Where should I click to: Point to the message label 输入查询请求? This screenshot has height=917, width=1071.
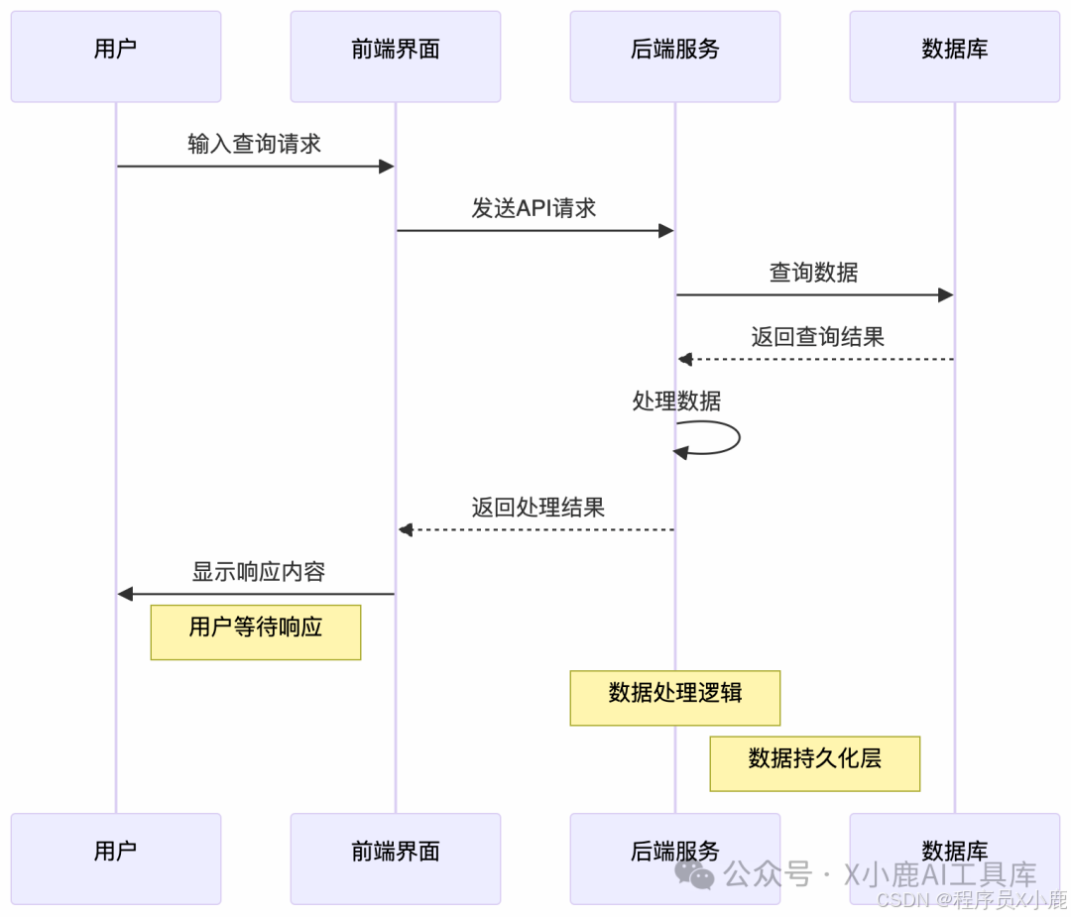[x=255, y=144]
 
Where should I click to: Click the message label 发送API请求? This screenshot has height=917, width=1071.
[x=534, y=208]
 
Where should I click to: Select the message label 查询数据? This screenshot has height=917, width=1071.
[x=814, y=273]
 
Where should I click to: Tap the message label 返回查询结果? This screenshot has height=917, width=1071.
[x=817, y=337]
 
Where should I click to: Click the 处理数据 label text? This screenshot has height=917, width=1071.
[x=676, y=401]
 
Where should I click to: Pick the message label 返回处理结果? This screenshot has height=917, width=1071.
[x=537, y=508]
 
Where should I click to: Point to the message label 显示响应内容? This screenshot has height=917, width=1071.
[x=258, y=572]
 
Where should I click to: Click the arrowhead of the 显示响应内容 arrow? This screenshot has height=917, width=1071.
[x=125, y=594]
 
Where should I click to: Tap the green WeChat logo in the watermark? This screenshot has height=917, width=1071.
[x=694, y=873]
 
